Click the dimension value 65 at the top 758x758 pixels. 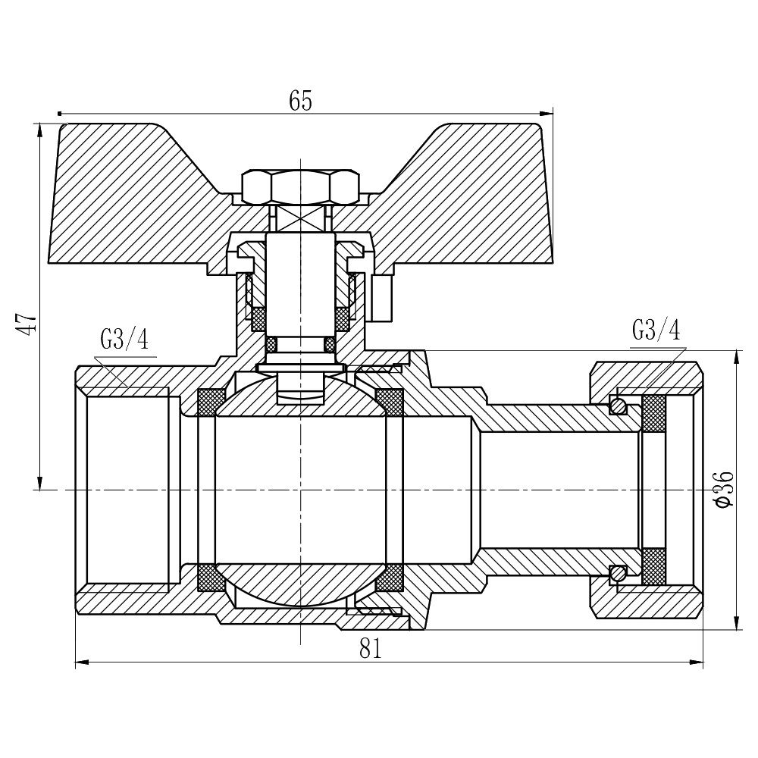[300, 101]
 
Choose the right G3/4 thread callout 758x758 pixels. [656, 330]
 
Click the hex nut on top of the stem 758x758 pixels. [300, 186]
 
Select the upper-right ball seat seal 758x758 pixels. [390, 402]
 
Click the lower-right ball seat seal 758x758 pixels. [390, 578]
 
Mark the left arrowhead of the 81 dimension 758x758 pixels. [80, 662]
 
